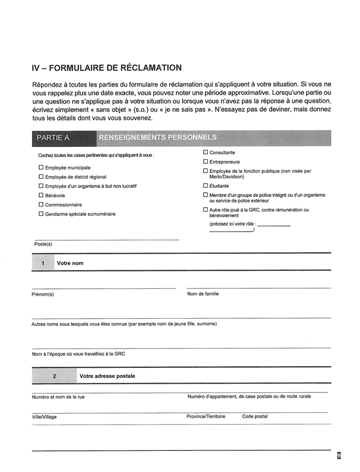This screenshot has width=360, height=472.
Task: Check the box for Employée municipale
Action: pyautogui.click(x=41, y=167)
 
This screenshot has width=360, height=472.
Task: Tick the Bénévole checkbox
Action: pyautogui.click(x=41, y=195)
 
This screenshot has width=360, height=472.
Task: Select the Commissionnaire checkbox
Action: pyautogui.click(x=41, y=205)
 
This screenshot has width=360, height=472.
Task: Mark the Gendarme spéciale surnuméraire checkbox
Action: pyautogui.click(x=41, y=214)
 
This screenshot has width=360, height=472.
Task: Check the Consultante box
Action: pyautogui.click(x=205, y=152)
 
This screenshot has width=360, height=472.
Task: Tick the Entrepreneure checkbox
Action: pyautogui.click(x=205, y=161)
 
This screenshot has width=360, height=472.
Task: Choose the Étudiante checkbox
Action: pyautogui.click(x=205, y=186)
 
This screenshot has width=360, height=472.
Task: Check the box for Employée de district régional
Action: pyautogui.click(x=41, y=177)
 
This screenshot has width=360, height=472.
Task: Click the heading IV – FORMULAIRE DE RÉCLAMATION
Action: pyautogui.click(x=107, y=68)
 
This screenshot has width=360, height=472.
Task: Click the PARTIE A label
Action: pyautogui.click(x=53, y=138)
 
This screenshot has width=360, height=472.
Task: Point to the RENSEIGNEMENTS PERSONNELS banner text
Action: pyautogui.click(x=158, y=137)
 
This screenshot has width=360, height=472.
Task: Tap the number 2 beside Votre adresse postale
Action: pyautogui.click(x=54, y=377)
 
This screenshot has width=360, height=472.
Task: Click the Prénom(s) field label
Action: pyautogui.click(x=43, y=294)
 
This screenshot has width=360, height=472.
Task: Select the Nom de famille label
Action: pyautogui.click(x=203, y=294)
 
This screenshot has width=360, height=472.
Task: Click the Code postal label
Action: pyautogui.click(x=255, y=416)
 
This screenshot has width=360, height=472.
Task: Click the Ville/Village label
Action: pyautogui.click(x=45, y=417)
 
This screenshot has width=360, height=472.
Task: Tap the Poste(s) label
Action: pyautogui.click(x=43, y=244)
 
